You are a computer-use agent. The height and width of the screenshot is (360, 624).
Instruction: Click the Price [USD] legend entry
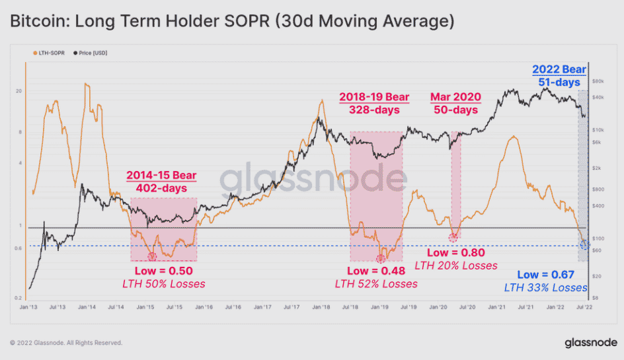click(x=91, y=51)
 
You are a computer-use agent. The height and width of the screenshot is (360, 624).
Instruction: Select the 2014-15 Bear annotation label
click(x=161, y=176)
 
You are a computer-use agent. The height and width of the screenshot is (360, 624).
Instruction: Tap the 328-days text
click(x=375, y=110)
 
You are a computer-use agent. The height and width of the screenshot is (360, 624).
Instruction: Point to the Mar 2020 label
click(x=455, y=97)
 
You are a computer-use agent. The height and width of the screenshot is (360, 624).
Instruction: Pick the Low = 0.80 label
click(x=455, y=252)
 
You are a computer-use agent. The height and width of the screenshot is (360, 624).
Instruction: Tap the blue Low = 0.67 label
click(x=545, y=274)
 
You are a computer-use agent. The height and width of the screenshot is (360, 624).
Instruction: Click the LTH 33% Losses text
click(x=545, y=287)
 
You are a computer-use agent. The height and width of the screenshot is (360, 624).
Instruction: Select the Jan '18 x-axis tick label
click(x=321, y=307)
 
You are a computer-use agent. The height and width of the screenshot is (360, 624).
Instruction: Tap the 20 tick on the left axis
click(x=19, y=91)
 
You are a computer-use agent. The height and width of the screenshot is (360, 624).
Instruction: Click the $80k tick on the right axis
click(x=598, y=81)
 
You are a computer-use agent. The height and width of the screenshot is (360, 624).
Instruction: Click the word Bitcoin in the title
click(x=31, y=22)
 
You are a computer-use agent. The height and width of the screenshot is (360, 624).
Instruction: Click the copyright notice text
click(x=66, y=343)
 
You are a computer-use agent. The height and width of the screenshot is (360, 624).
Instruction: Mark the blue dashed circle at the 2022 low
click(x=584, y=245)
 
